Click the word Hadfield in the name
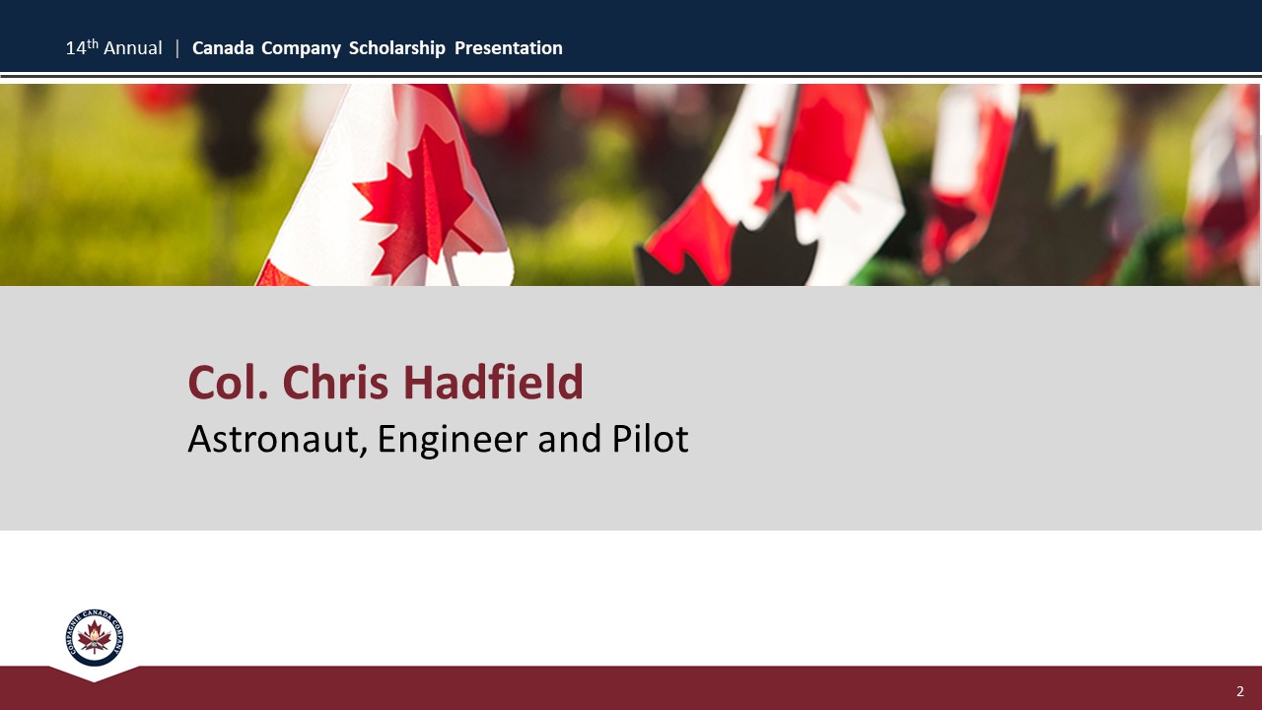tap(493, 383)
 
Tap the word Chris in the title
tap(335, 383)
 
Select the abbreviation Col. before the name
tap(228, 383)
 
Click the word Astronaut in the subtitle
tap(277, 439)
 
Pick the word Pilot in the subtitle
tap(650, 438)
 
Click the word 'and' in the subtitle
tap(570, 439)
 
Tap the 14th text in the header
tap(82, 47)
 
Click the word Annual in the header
tap(133, 48)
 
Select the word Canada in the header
tap(223, 48)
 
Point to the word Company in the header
tap(302, 49)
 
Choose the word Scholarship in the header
tap(397, 49)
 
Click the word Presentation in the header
tap(508, 48)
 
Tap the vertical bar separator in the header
tap(177, 48)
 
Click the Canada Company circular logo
tap(94, 637)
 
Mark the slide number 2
tap(1240, 691)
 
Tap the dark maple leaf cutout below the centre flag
tap(727, 248)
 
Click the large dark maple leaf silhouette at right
tap(1036, 208)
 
